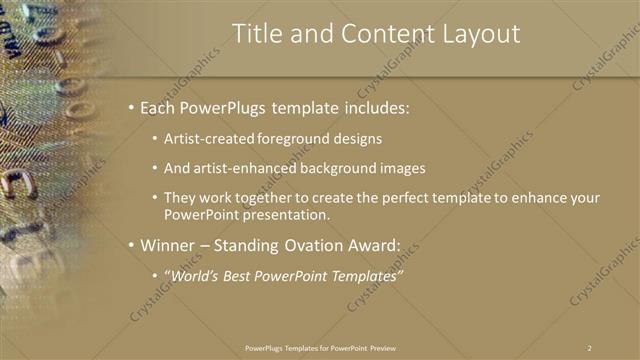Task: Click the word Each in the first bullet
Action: click(160, 107)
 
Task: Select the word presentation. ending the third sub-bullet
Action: click(292, 214)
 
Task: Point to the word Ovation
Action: click(314, 244)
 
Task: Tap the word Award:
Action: click(377, 244)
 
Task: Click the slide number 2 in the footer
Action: click(590, 347)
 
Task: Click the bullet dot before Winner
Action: click(131, 244)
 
